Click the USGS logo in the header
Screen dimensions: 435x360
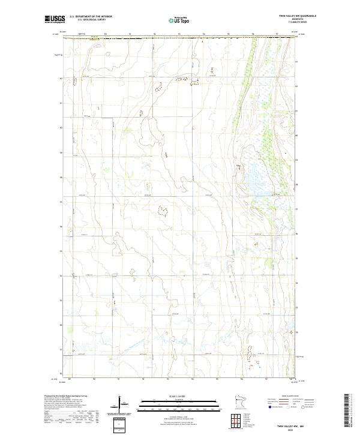coord(55,19)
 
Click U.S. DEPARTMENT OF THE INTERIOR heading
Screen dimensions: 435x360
coord(91,17)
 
